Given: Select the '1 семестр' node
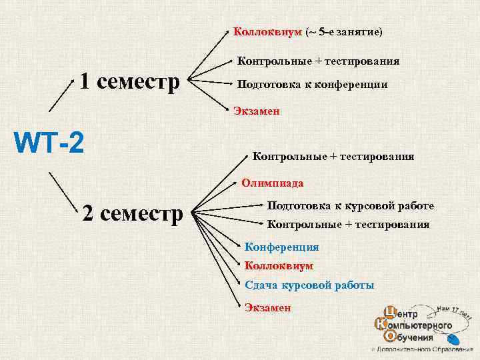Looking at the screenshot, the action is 130,83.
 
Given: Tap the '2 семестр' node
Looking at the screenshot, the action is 132,214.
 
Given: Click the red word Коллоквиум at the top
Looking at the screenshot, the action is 267,32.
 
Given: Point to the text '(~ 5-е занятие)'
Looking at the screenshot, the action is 344,32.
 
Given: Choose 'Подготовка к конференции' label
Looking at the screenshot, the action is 313,85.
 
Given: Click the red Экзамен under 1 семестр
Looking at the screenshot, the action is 257,111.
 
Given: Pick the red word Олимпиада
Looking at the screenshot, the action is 272,183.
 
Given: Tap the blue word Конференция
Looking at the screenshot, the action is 282,247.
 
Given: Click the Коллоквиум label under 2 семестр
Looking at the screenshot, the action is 279,265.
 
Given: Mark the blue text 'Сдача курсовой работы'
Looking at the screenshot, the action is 309,285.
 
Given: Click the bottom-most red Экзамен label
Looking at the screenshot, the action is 267,307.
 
